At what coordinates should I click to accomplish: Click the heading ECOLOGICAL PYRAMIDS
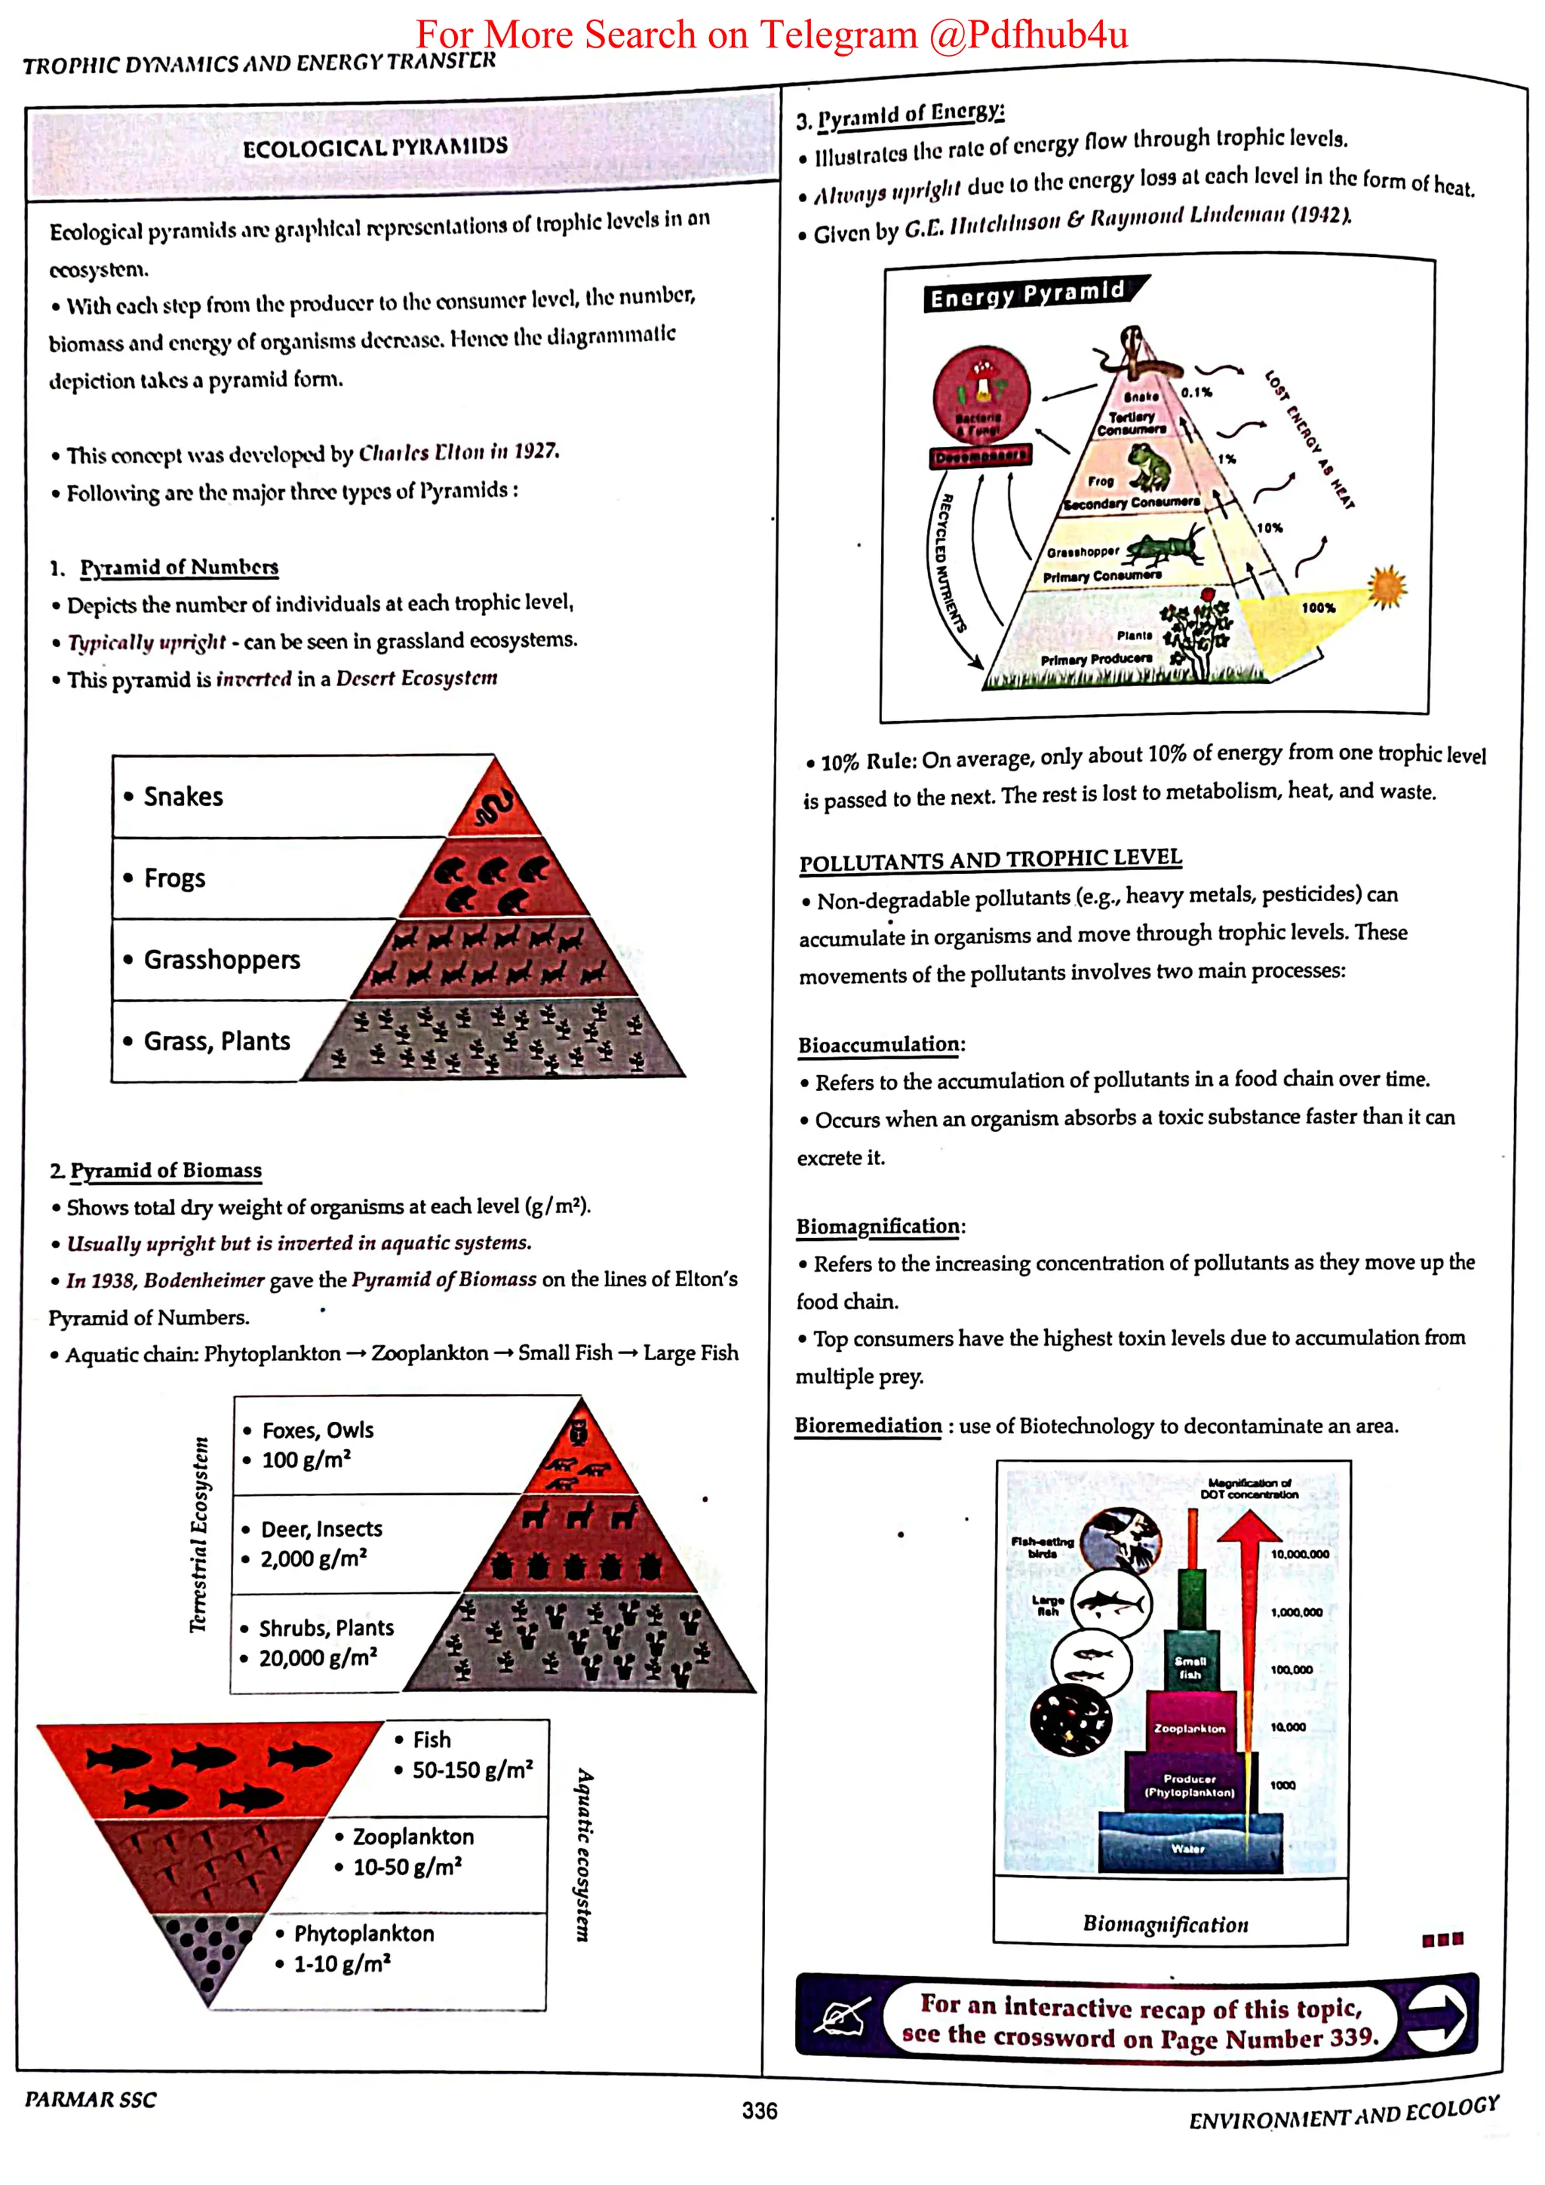coord(375,148)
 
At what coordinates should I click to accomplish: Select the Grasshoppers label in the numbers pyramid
coord(221,959)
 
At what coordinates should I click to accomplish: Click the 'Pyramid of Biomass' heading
coord(166,1169)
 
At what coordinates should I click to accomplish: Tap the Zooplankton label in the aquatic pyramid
coord(413,1837)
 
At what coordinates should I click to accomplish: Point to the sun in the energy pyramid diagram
coord(1386,584)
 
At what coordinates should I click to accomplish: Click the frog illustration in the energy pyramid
coord(1150,464)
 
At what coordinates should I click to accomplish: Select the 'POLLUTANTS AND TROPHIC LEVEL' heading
coord(990,860)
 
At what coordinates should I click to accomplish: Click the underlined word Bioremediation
coord(868,1426)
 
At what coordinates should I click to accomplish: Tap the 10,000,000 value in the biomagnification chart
coord(1299,1554)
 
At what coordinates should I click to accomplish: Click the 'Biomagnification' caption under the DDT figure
coord(1166,1924)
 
